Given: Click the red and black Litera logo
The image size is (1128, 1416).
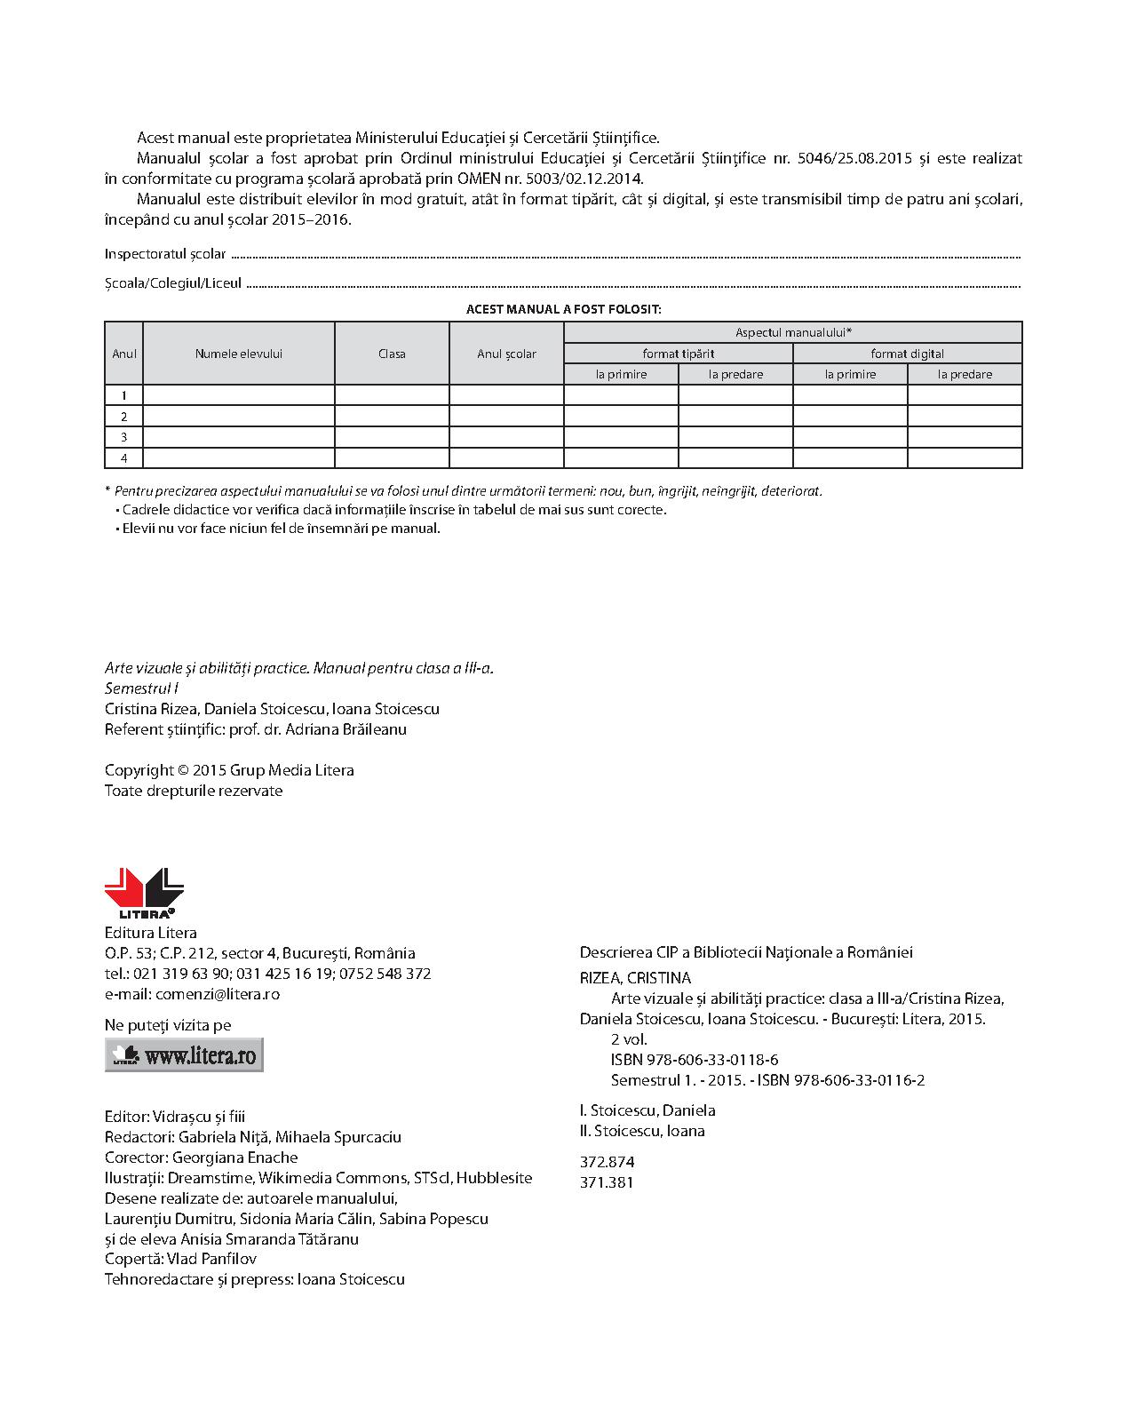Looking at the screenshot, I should pos(144,893).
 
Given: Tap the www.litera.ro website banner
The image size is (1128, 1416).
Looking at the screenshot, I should pos(184,1054).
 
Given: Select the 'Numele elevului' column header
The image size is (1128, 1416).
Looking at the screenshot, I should pos(238,354).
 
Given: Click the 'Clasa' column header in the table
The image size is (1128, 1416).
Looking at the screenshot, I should pos(392,354).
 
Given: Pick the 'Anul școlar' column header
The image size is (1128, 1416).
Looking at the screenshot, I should pos(506,354).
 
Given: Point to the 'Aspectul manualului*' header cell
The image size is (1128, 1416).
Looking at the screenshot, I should pos(793,332).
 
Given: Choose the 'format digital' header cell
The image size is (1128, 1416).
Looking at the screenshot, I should pos(907,354).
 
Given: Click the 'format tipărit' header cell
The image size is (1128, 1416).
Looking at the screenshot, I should pos(679,354).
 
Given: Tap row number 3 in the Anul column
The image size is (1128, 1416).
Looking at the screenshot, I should pos(124,437).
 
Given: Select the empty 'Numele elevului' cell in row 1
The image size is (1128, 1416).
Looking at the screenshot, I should pos(238,395).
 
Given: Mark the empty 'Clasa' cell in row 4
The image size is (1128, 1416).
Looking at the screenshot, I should pos(392,458).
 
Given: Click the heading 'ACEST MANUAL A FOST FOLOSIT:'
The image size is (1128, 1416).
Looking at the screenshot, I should pos(563,309).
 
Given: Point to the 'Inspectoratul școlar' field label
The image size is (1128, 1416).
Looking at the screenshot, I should pos(165,254).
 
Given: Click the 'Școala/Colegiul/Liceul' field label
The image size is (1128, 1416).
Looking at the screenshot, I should pos(173,283).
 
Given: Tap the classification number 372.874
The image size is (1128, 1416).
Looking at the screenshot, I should pos(607,1162).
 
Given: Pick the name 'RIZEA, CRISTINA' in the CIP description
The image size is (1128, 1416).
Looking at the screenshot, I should pos(635,978).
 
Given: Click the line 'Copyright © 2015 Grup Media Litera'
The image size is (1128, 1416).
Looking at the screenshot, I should pos(229,770).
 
